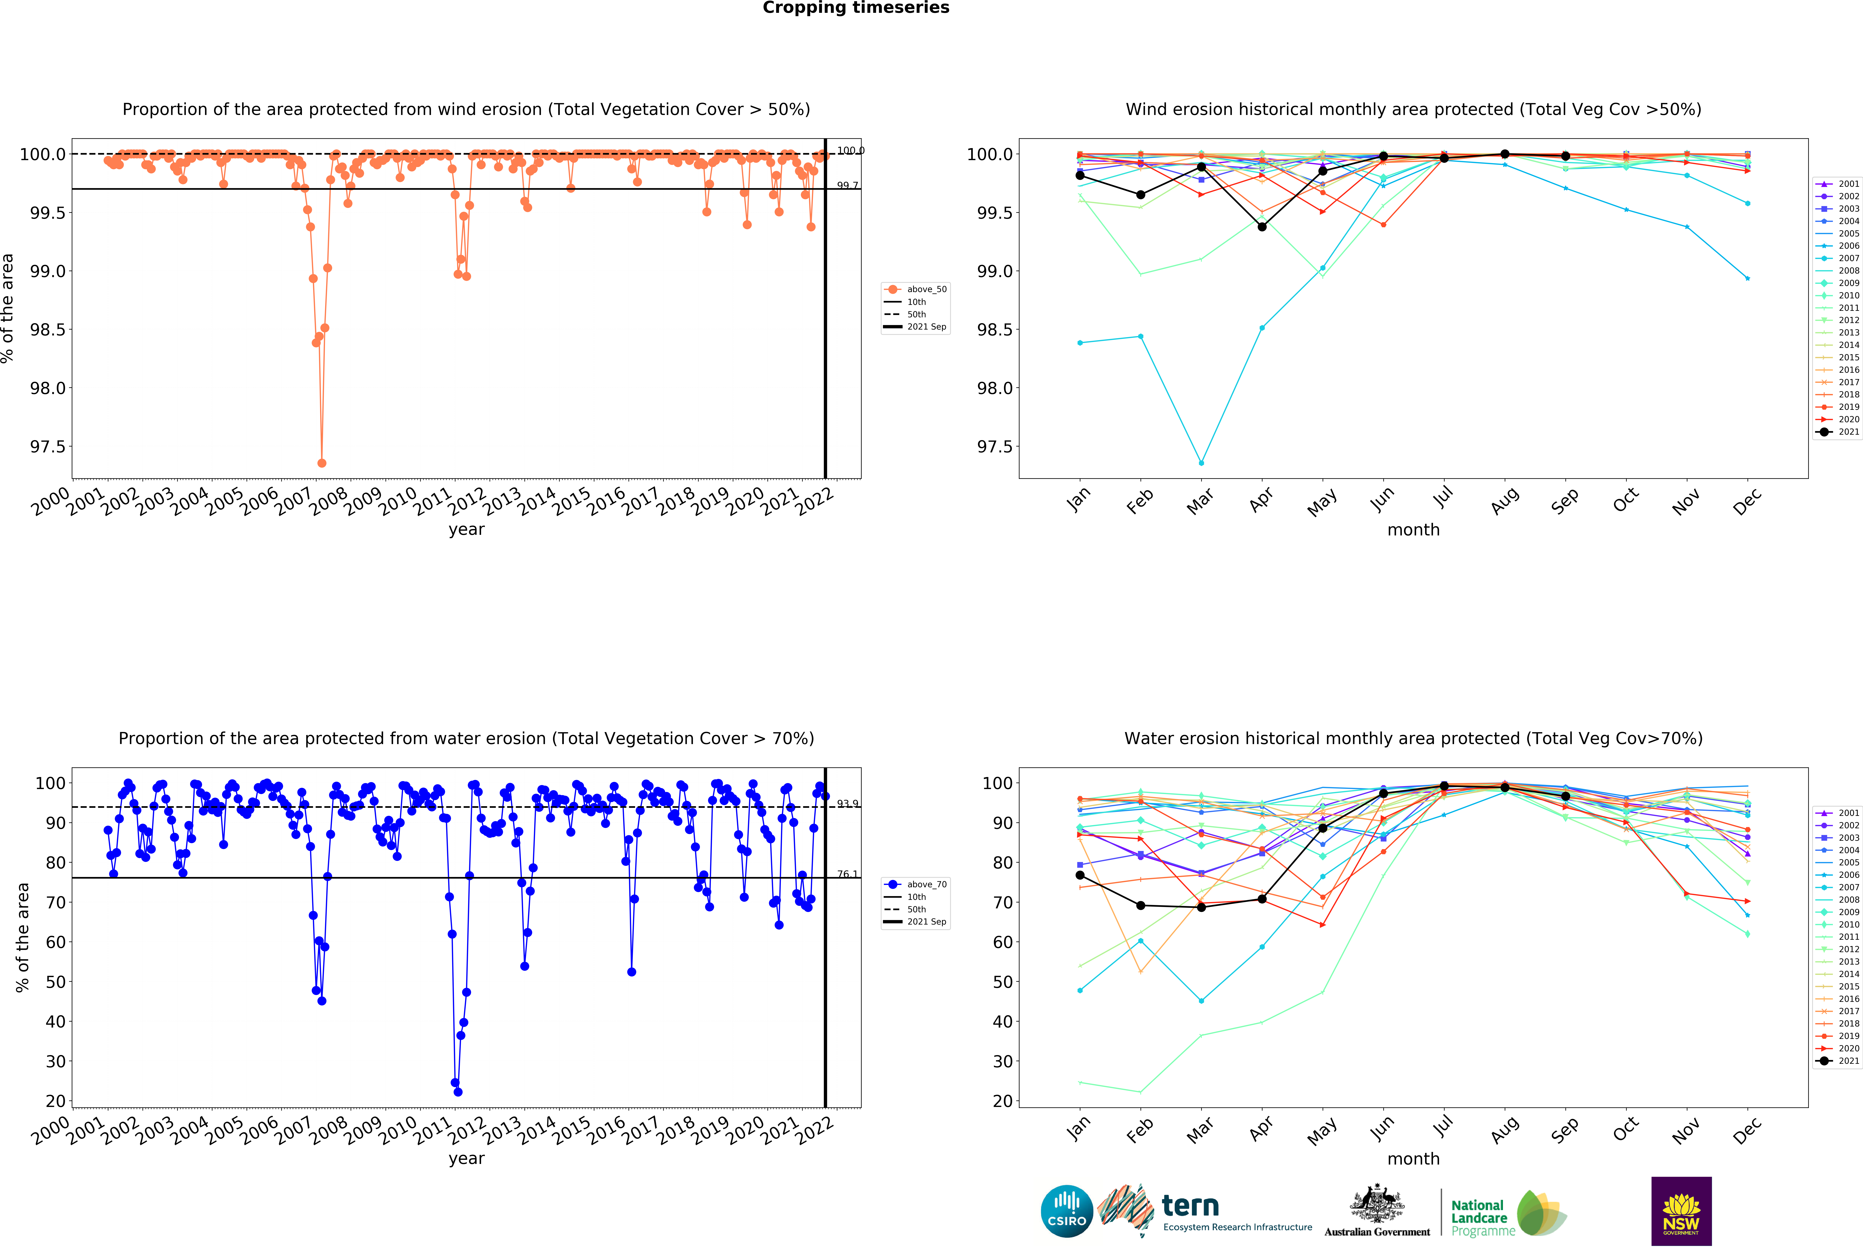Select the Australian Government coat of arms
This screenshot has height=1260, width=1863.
click(x=1376, y=1203)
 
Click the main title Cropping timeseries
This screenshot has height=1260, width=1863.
click(x=855, y=8)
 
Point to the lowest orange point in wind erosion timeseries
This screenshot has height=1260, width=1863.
click(x=321, y=463)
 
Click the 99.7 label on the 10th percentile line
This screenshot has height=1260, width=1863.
click(x=847, y=185)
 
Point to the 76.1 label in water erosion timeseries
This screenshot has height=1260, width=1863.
click(x=847, y=874)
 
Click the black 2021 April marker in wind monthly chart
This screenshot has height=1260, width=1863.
click(x=1262, y=227)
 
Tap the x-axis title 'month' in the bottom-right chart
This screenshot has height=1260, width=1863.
click(x=1413, y=1159)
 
